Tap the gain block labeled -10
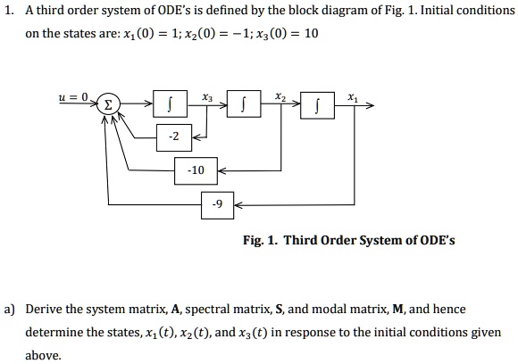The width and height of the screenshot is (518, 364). [196, 170]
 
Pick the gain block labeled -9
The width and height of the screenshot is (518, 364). [216, 203]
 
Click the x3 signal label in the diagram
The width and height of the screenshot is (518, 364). [206, 95]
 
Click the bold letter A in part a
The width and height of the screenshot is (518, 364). [175, 310]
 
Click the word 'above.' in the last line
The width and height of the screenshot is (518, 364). [44, 355]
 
